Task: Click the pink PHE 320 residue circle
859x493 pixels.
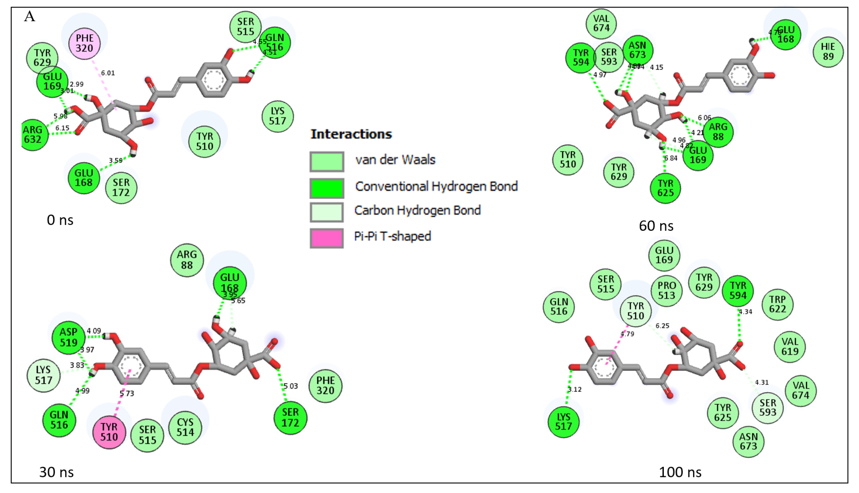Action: pos(84,43)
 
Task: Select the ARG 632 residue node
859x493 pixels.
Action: pos(33,135)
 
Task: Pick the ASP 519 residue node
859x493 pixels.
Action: pos(69,337)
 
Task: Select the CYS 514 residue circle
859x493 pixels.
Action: pos(185,427)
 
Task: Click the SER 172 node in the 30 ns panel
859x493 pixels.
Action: pos(290,417)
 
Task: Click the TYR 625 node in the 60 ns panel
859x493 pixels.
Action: pos(665,188)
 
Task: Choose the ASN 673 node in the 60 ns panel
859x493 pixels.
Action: pos(638,50)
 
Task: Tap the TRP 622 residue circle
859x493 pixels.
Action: pos(777,304)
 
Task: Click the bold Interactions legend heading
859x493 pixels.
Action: pos(351,134)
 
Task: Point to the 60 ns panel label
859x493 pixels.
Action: pos(656,226)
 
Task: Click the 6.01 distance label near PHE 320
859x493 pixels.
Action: pos(108,73)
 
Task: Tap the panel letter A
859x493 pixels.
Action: pos(30,16)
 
